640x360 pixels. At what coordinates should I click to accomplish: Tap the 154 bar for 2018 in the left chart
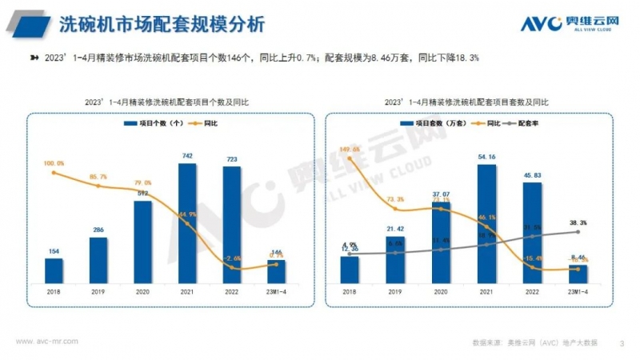pyautogui.click(x=54, y=270)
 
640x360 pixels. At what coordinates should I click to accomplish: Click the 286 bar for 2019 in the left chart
pyautogui.click(x=98, y=260)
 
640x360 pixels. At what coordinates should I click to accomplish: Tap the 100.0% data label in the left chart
pyautogui.click(x=54, y=163)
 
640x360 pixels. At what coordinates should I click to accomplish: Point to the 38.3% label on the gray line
pyautogui.click(x=578, y=223)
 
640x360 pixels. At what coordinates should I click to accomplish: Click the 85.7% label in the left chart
pyautogui.click(x=98, y=176)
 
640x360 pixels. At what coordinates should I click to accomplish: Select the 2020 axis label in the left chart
pyautogui.click(x=143, y=293)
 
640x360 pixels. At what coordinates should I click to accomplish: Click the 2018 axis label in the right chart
pyautogui.click(x=350, y=293)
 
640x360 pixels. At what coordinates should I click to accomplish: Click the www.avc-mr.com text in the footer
pyautogui.click(x=47, y=341)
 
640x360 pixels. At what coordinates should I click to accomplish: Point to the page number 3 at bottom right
pyautogui.click(x=622, y=343)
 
